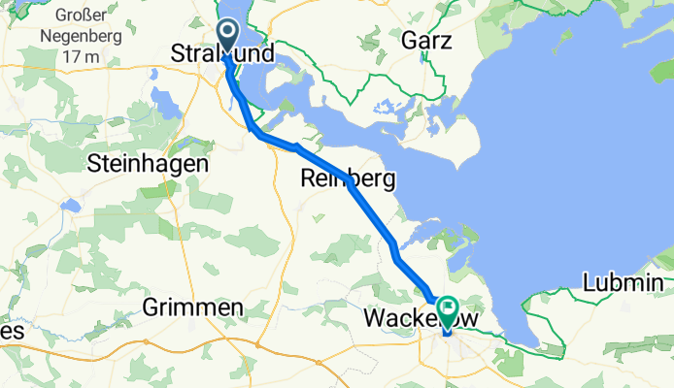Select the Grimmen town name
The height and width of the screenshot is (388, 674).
pos(192,307)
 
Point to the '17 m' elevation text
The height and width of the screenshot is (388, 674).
pos(80,57)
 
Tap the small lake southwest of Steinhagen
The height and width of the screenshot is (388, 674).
pos(70,207)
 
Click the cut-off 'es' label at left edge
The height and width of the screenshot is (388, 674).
pos(10,331)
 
